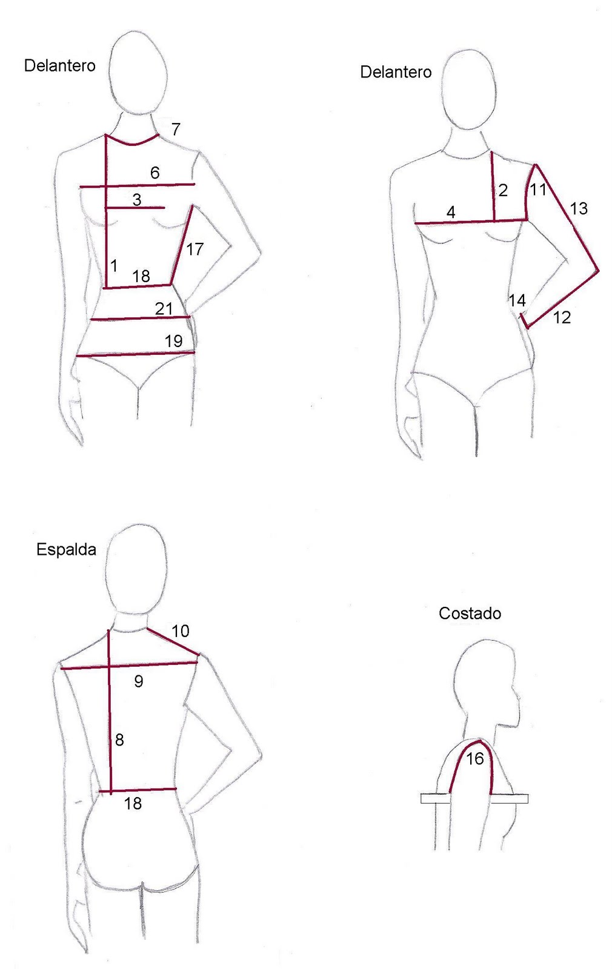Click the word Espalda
tap(66, 549)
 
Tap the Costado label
tap(470, 613)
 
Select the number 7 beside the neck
tap(175, 129)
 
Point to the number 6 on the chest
tap(155, 173)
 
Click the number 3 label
tap(137, 199)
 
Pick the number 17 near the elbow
tap(195, 249)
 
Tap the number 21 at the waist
tap(164, 309)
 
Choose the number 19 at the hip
tap(173, 341)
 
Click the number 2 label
tap(503, 190)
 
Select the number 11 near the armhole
tap(539, 189)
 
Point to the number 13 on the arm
tap(579, 208)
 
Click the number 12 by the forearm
tap(562, 317)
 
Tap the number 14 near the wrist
tap(517, 300)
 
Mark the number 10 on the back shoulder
tap(181, 630)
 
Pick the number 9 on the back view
tap(139, 681)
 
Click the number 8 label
tap(119, 739)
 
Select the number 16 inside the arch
tap(475, 758)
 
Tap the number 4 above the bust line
tap(451, 213)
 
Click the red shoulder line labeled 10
tap(173, 641)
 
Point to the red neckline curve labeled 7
tap(133, 144)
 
